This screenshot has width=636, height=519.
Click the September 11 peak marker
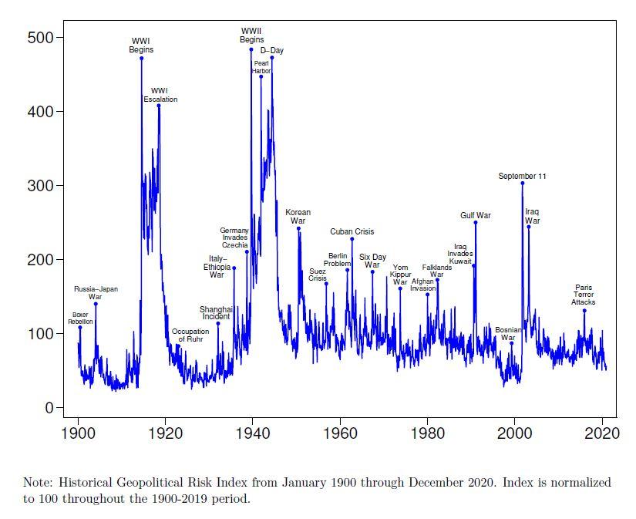(x=522, y=183)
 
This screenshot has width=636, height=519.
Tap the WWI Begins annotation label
(x=141, y=45)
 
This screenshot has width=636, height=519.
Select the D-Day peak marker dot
(x=271, y=58)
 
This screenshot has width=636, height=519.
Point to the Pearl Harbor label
(x=261, y=67)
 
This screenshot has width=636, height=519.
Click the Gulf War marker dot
(x=476, y=222)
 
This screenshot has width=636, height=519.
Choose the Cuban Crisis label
(x=352, y=231)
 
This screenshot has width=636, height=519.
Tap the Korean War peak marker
(x=298, y=228)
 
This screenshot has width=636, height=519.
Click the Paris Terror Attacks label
(x=584, y=295)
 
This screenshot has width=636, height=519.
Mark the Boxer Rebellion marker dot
(x=79, y=328)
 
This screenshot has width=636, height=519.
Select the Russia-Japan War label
(x=96, y=292)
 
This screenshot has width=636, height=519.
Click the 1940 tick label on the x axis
(x=252, y=433)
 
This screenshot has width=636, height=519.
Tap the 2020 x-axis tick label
(x=601, y=433)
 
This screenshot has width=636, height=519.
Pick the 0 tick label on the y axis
(x=48, y=407)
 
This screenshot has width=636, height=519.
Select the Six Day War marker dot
(x=372, y=271)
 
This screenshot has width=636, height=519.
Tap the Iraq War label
(x=533, y=216)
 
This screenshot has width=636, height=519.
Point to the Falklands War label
(x=437, y=271)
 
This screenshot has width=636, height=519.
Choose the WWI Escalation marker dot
(x=159, y=106)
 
